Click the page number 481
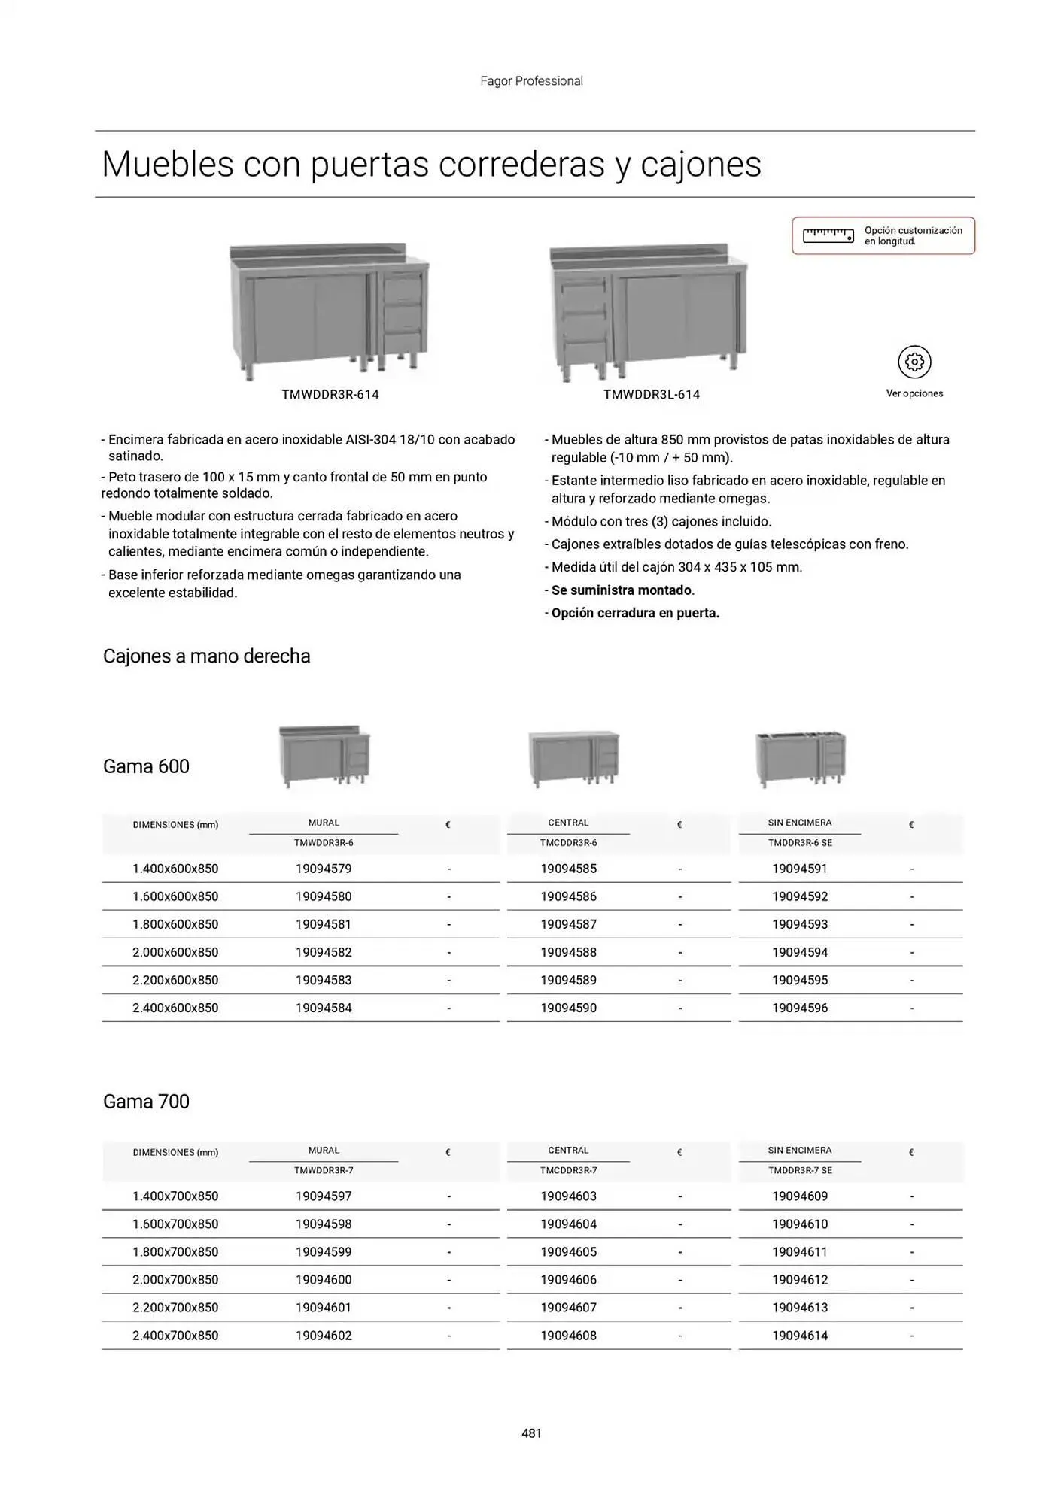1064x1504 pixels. pos(531,1433)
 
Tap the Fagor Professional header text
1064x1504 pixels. pos(531,81)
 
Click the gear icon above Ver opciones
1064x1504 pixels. pos(914,362)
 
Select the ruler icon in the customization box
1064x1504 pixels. pos(828,235)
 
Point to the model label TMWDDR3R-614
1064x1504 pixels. pos(330,395)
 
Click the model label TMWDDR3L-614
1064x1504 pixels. pos(652,395)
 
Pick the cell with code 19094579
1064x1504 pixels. pos(324,869)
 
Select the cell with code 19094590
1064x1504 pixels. pos(568,1008)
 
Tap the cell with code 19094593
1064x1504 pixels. pos(799,924)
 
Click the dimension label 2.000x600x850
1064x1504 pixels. pos(175,952)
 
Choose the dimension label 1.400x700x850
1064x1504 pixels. pos(175,1196)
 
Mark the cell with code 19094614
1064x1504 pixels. pos(799,1336)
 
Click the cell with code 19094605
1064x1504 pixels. pos(568,1252)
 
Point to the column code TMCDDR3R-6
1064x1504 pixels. pos(568,843)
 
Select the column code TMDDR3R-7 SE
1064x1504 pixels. pos(799,1171)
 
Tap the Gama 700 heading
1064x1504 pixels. pos(146,1102)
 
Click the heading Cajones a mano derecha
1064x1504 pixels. pos(206,656)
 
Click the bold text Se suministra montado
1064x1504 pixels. pos(622,590)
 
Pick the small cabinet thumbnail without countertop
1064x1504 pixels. pos(801,758)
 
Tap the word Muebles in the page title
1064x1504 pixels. pos(167,165)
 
